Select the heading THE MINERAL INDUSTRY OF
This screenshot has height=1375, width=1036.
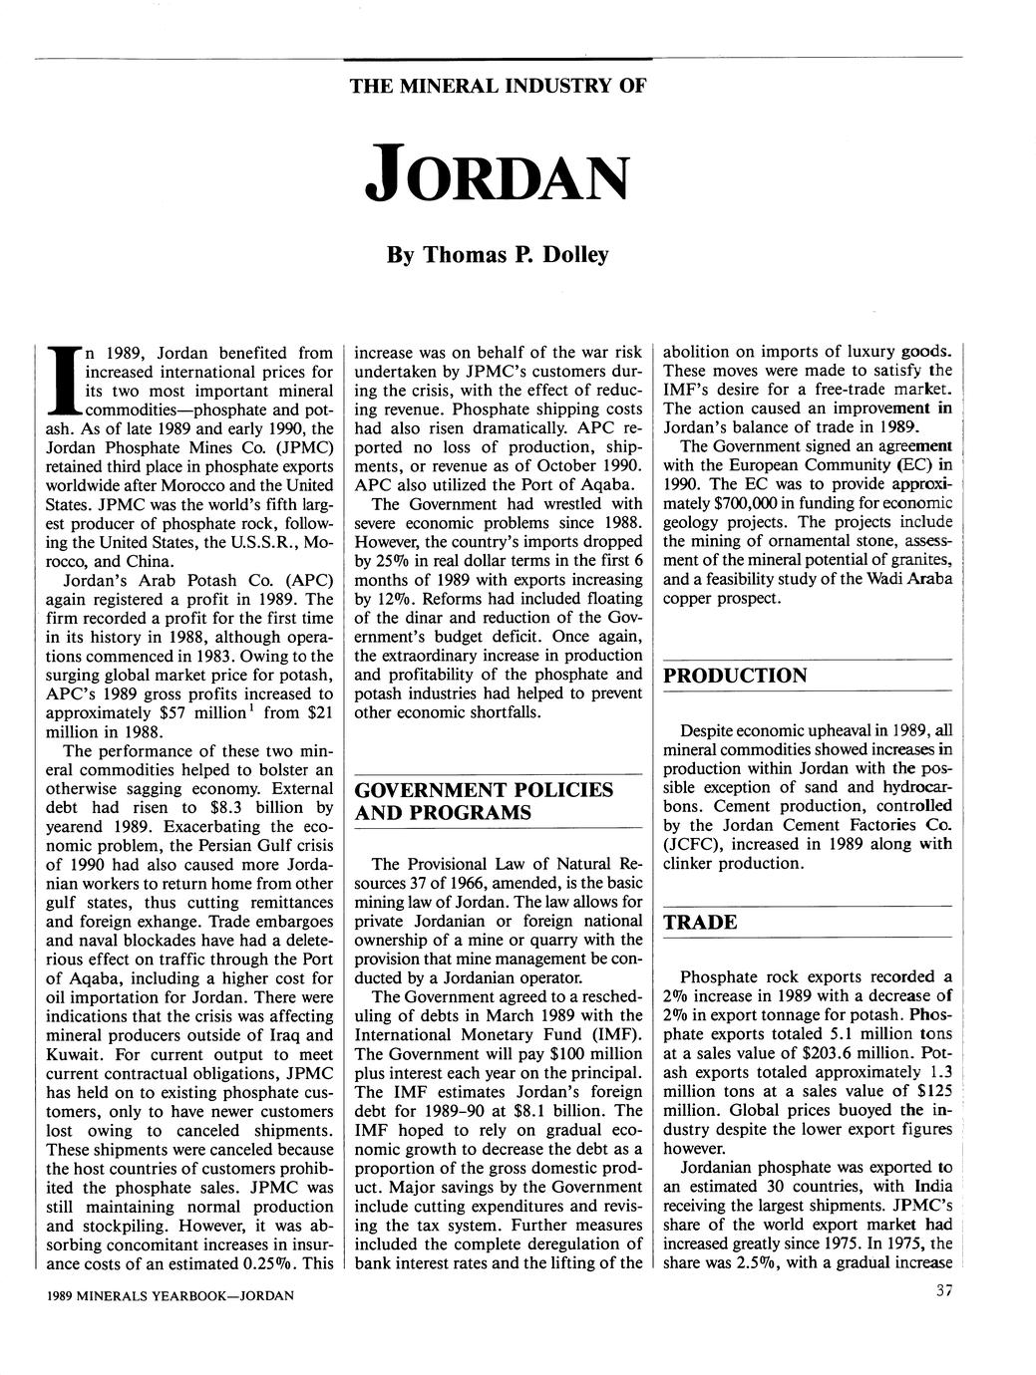click(498, 86)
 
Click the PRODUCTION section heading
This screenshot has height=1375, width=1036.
click(736, 676)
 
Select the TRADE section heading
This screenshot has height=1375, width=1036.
click(701, 922)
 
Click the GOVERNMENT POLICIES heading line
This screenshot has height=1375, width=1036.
click(485, 789)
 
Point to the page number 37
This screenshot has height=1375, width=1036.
click(946, 1292)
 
